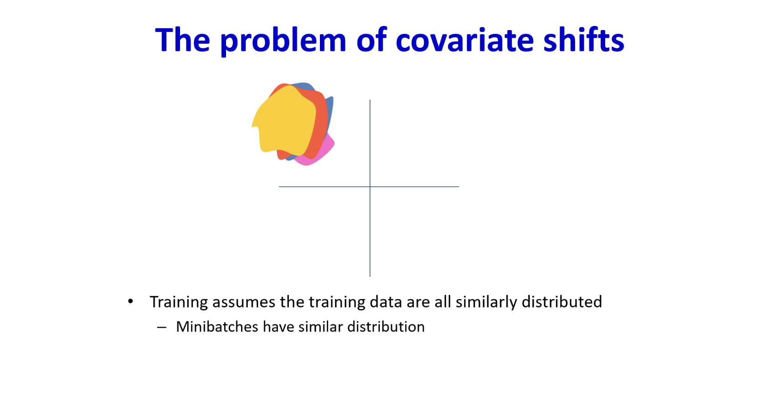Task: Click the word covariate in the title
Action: pyautogui.click(x=465, y=40)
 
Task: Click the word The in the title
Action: pyautogui.click(x=183, y=40)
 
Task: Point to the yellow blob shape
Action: pyautogui.click(x=284, y=121)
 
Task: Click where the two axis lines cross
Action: pyautogui.click(x=370, y=187)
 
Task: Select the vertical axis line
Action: pyautogui.click(x=370, y=188)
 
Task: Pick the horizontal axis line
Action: pyautogui.click(x=369, y=187)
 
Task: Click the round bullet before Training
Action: pyautogui.click(x=131, y=301)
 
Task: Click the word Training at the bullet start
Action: pyautogui.click(x=179, y=302)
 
